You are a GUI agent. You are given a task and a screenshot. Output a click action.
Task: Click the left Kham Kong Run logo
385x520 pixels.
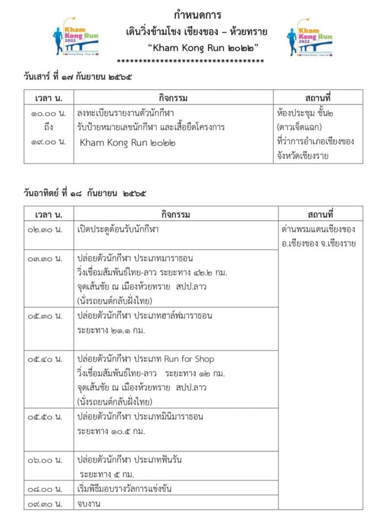pos(76,37)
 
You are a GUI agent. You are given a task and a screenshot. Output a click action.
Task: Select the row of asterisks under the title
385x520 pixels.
pos(191,61)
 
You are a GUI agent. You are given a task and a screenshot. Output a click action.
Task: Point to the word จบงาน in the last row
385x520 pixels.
pos(89,503)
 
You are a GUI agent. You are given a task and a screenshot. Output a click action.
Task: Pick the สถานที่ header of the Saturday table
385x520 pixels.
pos(318,98)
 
